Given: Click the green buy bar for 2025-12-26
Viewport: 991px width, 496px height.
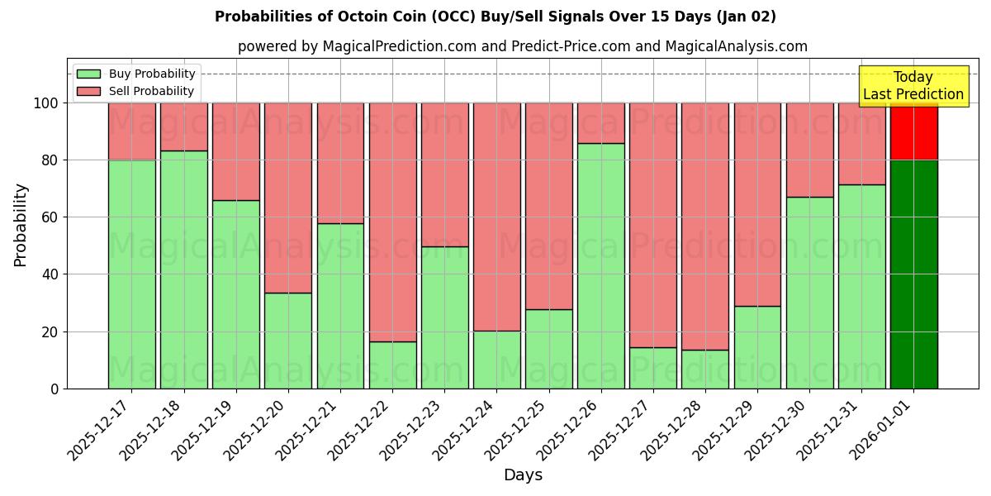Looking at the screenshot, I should click(x=600, y=265).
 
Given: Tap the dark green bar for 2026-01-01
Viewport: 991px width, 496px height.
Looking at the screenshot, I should click(x=913, y=274).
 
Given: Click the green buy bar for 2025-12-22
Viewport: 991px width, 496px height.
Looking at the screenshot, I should click(x=392, y=365).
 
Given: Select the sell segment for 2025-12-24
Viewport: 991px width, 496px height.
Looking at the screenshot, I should click(x=496, y=217).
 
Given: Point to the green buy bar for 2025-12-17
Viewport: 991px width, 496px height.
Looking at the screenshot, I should click(x=131, y=274).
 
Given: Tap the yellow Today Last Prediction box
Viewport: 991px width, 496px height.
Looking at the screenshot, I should click(x=913, y=86).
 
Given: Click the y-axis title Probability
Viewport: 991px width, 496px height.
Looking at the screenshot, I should click(x=21, y=224).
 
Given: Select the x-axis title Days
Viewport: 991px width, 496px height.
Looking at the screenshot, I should click(x=523, y=475).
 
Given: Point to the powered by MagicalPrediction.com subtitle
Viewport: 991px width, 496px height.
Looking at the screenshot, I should click(x=522, y=46).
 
